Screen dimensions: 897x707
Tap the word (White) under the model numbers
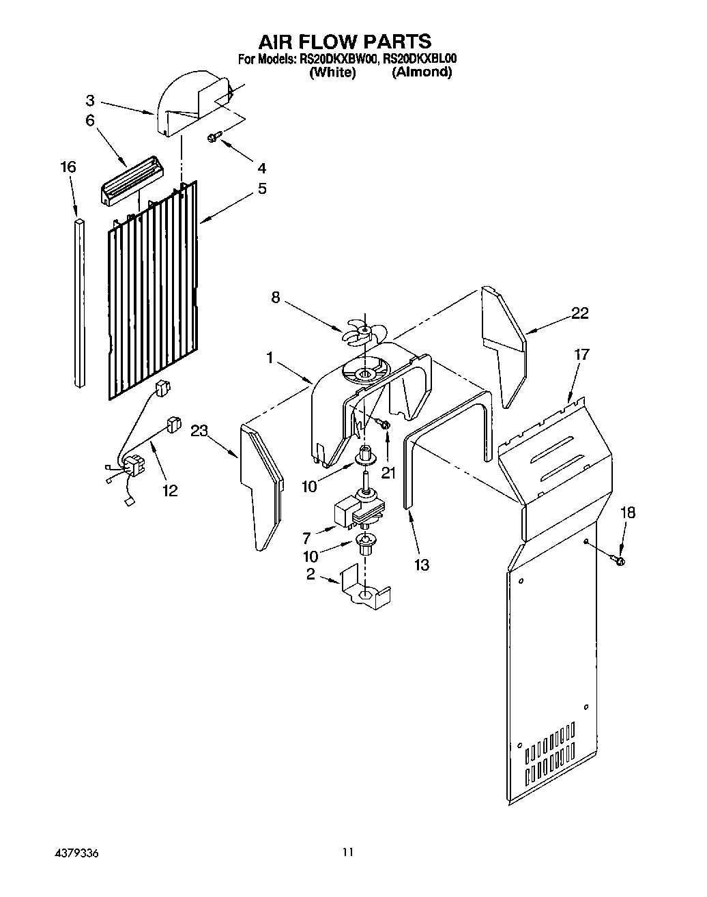[332, 72]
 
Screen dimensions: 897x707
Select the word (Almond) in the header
[421, 72]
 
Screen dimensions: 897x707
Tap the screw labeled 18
[621, 560]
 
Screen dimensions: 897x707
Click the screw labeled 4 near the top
[213, 139]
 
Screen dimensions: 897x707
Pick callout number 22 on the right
[579, 313]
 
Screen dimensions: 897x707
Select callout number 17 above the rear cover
[581, 354]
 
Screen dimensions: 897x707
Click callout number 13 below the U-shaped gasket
[422, 565]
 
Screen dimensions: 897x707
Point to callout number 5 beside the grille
[262, 189]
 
